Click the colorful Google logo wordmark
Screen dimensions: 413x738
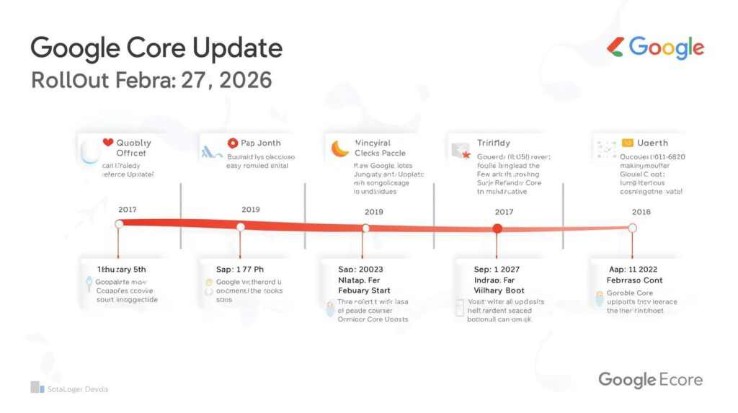tap(666, 48)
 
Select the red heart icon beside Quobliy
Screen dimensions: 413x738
tap(109, 143)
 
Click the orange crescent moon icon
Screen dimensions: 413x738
tap(339, 148)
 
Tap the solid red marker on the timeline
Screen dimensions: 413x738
tap(497, 228)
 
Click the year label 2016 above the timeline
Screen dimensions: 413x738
tap(640, 212)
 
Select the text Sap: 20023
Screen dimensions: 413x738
tap(362, 270)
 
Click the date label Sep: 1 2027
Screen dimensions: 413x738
tap(497, 270)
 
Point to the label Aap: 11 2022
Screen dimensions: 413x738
tap(634, 269)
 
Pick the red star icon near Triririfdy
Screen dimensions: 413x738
tap(466, 154)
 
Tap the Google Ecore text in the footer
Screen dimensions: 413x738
tap(650, 380)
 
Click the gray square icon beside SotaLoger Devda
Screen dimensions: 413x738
tap(37, 388)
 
